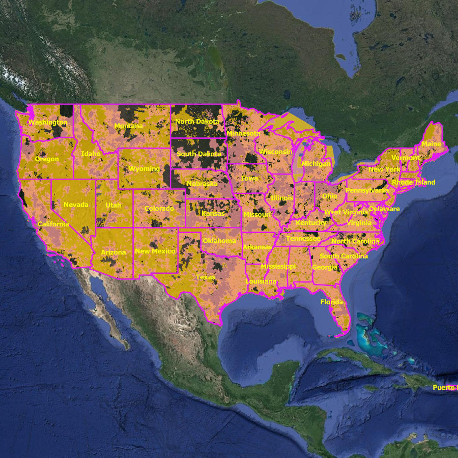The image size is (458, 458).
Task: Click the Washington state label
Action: click(x=47, y=123)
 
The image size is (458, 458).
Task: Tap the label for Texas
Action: click(x=206, y=277)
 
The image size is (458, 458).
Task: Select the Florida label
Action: click(x=332, y=302)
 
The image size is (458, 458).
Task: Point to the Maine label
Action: click(x=432, y=144)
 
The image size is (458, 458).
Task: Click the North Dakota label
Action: click(x=197, y=122)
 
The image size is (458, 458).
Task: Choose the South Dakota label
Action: click(x=199, y=154)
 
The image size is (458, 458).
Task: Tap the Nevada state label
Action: click(x=76, y=205)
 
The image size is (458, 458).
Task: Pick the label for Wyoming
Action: click(x=144, y=168)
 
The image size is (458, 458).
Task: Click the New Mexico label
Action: click(x=155, y=251)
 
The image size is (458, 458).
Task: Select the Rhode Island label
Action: click(x=413, y=182)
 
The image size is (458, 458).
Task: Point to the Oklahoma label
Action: click(x=219, y=241)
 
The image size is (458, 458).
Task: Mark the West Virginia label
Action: click(x=346, y=212)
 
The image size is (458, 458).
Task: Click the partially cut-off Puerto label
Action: click(x=445, y=388)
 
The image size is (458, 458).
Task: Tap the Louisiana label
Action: click(x=261, y=281)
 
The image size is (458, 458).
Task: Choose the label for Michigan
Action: click(x=316, y=164)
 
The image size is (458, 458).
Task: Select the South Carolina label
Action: click(x=343, y=256)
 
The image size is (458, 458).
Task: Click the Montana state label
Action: click(x=129, y=126)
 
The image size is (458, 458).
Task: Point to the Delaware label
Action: click(x=384, y=209)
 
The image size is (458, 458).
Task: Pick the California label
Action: click(x=53, y=224)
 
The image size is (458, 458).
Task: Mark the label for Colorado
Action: click(x=159, y=209)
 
